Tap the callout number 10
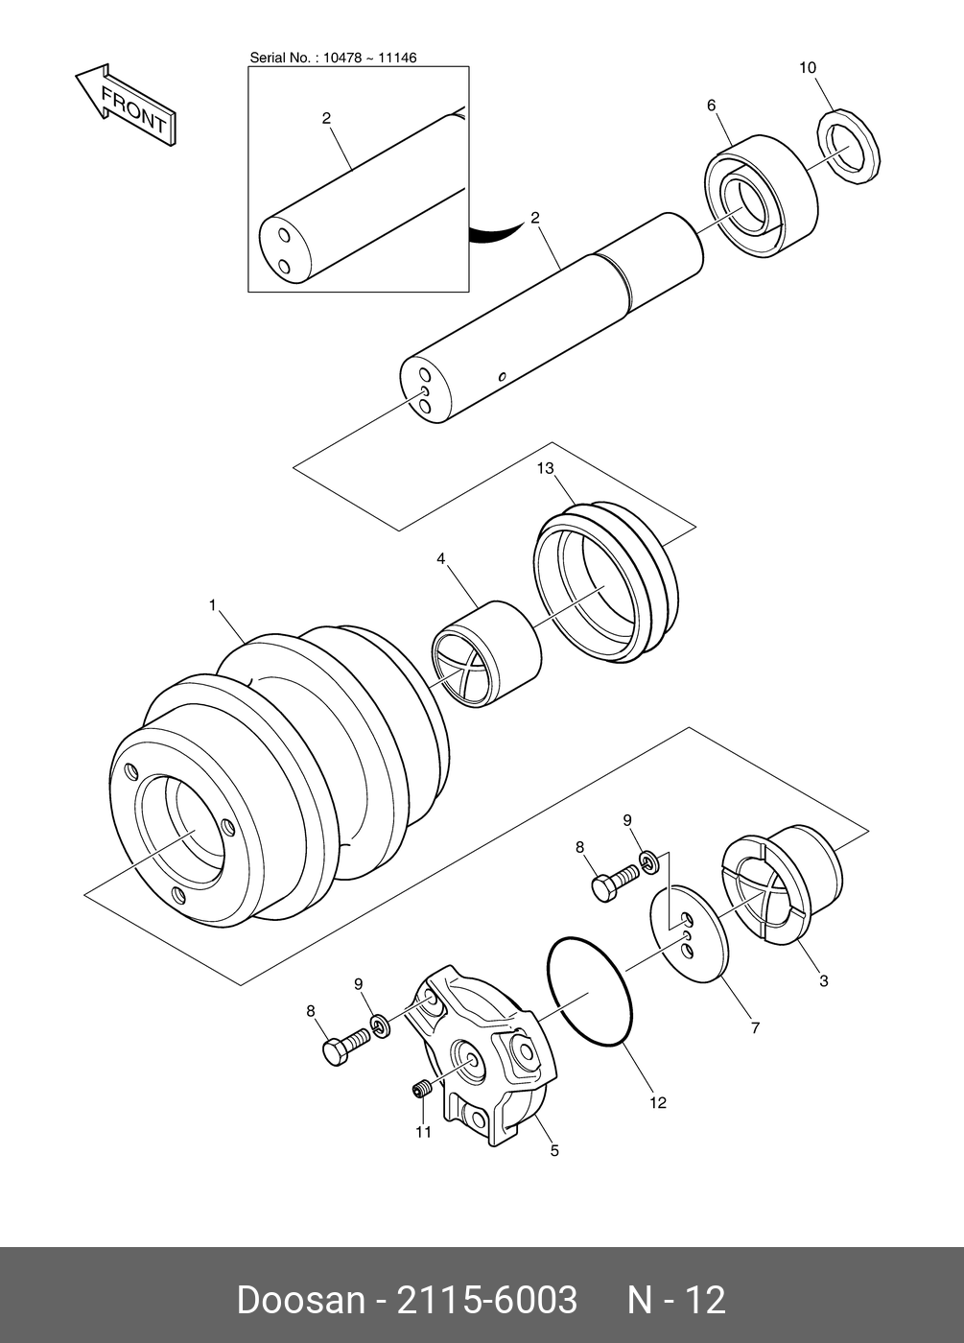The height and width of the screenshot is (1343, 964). (808, 67)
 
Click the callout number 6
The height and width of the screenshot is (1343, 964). (712, 106)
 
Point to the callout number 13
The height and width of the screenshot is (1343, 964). (546, 468)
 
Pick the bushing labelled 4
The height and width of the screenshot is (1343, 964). (486, 653)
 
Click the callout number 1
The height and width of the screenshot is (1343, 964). (213, 604)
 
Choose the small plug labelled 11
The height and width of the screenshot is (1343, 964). (419, 1090)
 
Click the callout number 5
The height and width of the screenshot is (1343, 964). (554, 1150)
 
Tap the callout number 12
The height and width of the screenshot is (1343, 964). (657, 1103)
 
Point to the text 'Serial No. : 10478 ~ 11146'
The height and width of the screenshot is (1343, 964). (333, 58)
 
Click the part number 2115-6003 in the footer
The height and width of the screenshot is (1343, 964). (487, 1300)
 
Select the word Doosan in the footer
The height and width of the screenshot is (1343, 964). (300, 1300)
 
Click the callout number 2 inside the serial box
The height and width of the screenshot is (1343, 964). (326, 118)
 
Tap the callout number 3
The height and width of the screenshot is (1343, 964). (824, 981)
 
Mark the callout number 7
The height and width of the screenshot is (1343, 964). (755, 1027)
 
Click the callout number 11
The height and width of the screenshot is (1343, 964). (423, 1132)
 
